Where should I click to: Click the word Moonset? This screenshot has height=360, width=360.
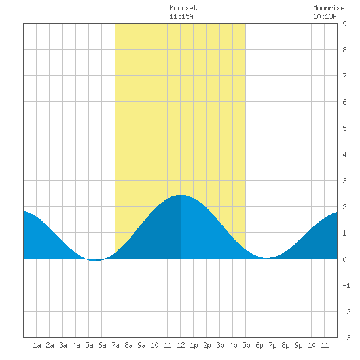tap(183, 8)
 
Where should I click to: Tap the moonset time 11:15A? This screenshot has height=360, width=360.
tap(181, 16)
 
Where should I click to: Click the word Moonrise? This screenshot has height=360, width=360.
tap(329, 8)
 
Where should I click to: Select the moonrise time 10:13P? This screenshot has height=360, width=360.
tap(325, 16)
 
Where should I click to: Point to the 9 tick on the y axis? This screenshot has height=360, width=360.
tap(344, 24)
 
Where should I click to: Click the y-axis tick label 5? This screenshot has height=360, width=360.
tap(344, 128)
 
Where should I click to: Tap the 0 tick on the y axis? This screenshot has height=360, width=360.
tap(344, 259)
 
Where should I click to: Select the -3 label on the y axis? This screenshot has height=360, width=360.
tap(346, 338)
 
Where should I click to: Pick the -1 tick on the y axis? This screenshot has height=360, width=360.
tap(346, 285)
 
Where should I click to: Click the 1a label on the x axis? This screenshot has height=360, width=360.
tap(37, 345)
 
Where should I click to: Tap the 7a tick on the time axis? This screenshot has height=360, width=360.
tap(115, 345)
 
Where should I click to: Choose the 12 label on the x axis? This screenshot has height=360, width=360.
tap(181, 345)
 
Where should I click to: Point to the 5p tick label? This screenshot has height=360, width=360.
tap(246, 345)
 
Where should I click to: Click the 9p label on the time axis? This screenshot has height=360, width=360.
tap(298, 345)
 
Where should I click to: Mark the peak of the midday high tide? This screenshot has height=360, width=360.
tap(181, 195)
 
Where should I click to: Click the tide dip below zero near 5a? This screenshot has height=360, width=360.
tap(96, 260)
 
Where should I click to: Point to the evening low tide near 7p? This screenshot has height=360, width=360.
tap(266, 258)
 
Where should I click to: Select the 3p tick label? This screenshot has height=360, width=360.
tap(220, 345)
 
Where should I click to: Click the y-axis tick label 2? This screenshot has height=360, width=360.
tap(344, 207)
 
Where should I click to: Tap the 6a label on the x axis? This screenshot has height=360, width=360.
tap(102, 345)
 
